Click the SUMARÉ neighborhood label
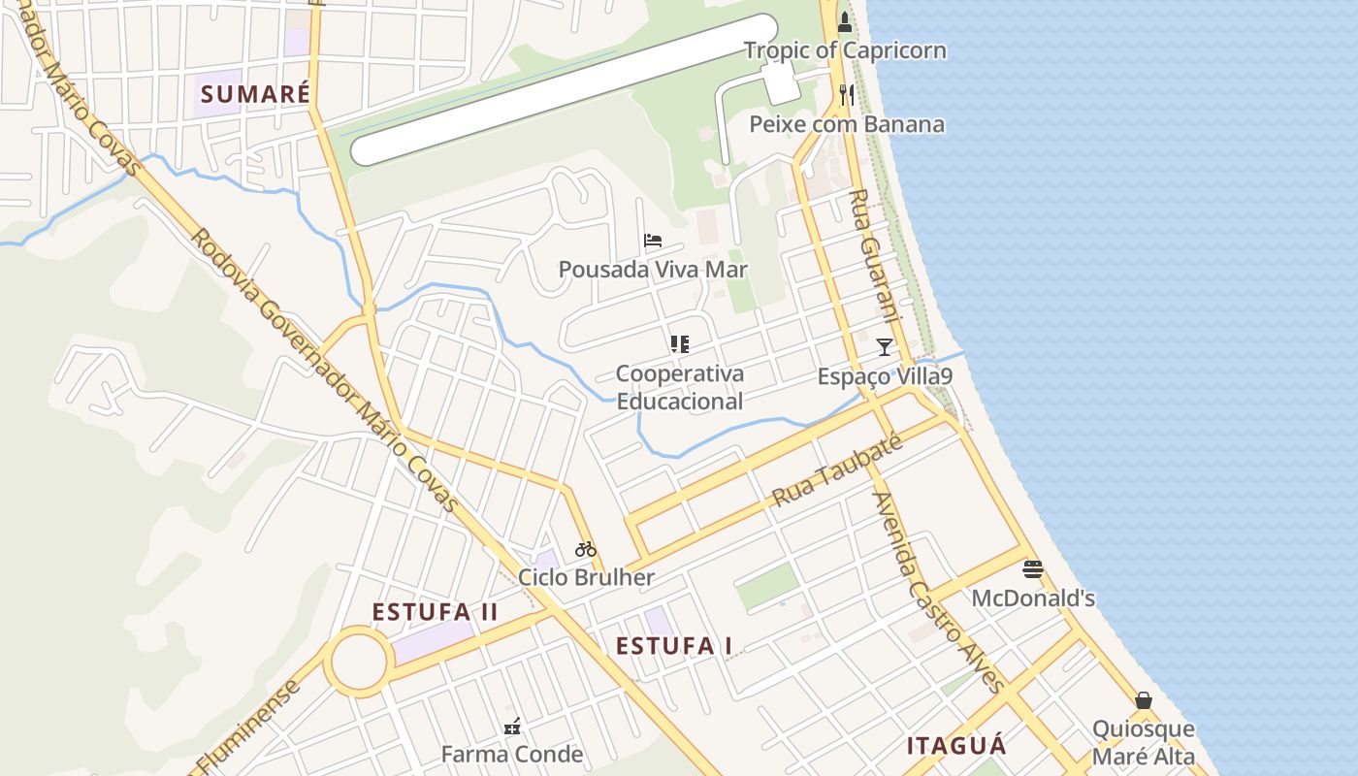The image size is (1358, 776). (x=255, y=94)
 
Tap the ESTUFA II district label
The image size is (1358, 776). (x=436, y=612)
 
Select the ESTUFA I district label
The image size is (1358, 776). (x=674, y=646)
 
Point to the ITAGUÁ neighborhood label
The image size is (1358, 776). (x=956, y=746)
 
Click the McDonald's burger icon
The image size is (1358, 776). (x=1033, y=569)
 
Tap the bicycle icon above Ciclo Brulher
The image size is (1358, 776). (x=586, y=549)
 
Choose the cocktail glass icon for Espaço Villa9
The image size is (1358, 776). (x=884, y=346)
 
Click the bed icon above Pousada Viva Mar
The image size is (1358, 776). (x=653, y=241)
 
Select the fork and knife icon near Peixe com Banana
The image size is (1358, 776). (x=847, y=94)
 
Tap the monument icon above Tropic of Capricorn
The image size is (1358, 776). (x=845, y=21)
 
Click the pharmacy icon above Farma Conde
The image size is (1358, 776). (x=512, y=726)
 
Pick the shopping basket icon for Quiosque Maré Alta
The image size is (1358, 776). (x=1144, y=700)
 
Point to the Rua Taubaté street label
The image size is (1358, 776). (x=837, y=470)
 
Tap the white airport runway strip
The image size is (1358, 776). (x=564, y=89)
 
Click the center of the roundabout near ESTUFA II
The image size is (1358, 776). (x=359, y=662)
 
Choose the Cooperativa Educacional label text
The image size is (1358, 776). (x=680, y=387)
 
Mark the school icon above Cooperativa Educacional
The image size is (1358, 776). (x=679, y=343)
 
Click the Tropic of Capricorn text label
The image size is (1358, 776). (x=845, y=50)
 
